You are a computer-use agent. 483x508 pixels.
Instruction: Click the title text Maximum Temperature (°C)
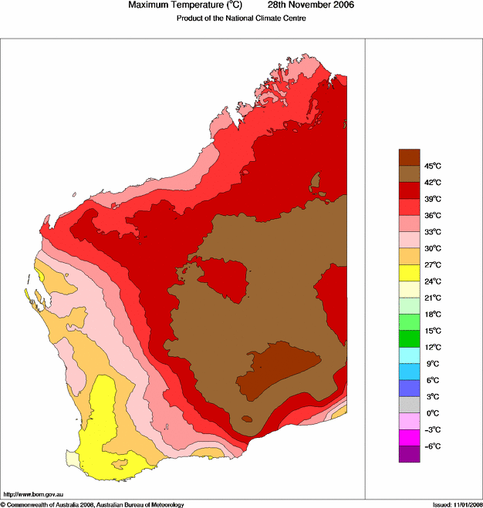pos(179,5)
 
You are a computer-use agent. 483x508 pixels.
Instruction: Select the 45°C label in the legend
pos(432,166)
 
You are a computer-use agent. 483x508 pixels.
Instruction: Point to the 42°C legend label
pos(432,183)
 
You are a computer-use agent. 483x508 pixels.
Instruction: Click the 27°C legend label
pos(432,264)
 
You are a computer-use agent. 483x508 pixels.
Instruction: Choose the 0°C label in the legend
pos(432,413)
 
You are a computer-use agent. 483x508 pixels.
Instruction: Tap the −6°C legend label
pos(432,446)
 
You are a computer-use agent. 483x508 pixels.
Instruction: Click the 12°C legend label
pos(432,347)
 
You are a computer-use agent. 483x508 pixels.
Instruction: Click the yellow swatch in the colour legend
pos(409,273)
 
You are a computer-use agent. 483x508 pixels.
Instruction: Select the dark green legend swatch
pos(409,338)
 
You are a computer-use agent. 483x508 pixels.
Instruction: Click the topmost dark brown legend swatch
pos(409,157)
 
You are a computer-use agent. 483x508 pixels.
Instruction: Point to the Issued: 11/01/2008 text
pos(456,504)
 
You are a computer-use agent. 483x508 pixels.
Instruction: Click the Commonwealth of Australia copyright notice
pos(93,504)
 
